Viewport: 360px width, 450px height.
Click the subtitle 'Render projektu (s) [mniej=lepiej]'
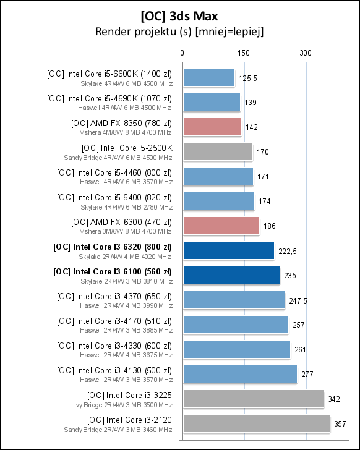pyautogui.click(x=180, y=32)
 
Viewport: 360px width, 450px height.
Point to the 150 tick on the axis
pyautogui.click(x=243, y=54)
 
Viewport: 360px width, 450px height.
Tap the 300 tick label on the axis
pyautogui.click(x=304, y=54)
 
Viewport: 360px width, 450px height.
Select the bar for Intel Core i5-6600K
pyautogui.click(x=208, y=77)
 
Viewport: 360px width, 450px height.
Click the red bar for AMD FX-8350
pyautogui.click(x=212, y=127)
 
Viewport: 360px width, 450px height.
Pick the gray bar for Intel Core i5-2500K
pyautogui.click(x=218, y=151)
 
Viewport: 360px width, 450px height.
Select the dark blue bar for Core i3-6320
pyautogui.click(x=228, y=250)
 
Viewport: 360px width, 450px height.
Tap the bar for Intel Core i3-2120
pyautogui.click(x=255, y=423)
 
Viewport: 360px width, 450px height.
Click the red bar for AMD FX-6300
pyautogui.click(x=221, y=226)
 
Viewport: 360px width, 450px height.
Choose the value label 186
pyautogui.click(x=270, y=226)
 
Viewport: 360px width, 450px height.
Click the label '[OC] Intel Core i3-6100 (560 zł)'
pyautogui.click(x=113, y=271)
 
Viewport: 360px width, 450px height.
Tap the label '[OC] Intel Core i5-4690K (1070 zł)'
pyautogui.click(x=109, y=98)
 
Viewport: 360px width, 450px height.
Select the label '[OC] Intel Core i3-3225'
pyautogui.click(x=129, y=394)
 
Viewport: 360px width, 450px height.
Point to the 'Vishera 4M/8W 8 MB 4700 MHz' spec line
pyautogui.click(x=126, y=132)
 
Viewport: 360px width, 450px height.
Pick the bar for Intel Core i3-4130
pyautogui.click(x=240, y=374)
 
